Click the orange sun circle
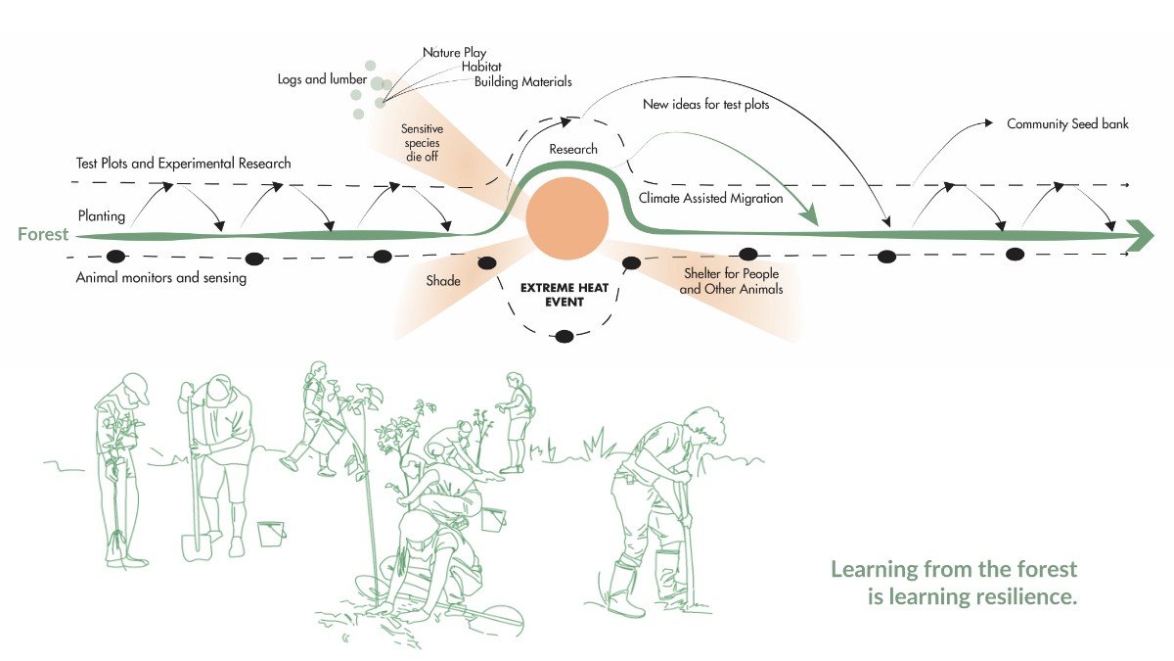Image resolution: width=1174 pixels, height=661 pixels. coord(567,218)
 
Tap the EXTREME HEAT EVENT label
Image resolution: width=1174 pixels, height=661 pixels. coord(564,295)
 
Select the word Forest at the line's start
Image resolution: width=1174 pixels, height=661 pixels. coord(43,234)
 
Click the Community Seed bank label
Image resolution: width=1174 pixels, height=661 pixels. coord(1067,124)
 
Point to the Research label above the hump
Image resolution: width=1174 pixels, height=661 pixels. coord(573,149)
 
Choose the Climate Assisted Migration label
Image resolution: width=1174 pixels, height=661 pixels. coord(710,198)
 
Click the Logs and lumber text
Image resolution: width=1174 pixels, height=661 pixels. coord(322,79)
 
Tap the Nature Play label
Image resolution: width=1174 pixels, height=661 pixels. coord(454,53)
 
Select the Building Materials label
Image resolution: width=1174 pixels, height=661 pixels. coord(522,82)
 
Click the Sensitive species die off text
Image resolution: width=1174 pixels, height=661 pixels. coord(422,143)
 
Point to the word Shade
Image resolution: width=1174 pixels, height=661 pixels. coord(443,281)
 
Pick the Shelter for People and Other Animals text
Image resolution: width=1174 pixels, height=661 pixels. coord(731,281)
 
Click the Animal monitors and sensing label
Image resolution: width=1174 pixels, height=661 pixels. coord(160,277)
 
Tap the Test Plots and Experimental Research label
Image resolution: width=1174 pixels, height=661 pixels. coord(184,164)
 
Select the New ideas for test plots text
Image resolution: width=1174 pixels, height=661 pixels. coord(706,105)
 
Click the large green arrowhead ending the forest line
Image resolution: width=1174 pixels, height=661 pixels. coord(1140,236)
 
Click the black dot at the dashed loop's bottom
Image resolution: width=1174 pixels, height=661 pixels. coord(564,336)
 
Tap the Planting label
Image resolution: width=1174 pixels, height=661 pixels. coord(101,216)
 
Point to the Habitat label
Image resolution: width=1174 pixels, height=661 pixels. coord(481,67)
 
